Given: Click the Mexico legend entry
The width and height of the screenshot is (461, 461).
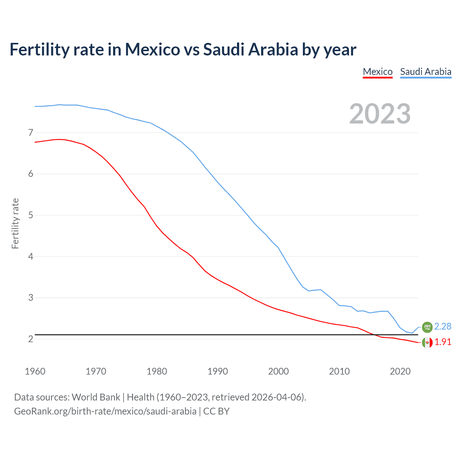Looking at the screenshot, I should click(x=377, y=72).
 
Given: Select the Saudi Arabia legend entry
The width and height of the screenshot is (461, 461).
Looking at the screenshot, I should click(x=425, y=72).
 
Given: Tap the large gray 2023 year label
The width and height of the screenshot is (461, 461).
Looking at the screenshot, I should click(x=380, y=114).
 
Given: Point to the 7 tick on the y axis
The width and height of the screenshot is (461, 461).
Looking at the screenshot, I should click(x=31, y=133).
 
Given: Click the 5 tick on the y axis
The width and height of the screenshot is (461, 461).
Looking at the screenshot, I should click(x=31, y=215).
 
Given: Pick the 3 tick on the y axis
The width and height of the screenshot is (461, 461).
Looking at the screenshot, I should click(x=31, y=297).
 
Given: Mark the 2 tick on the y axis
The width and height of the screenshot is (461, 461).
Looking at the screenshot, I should click(x=31, y=339).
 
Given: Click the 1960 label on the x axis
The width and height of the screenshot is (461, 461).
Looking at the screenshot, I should click(x=35, y=371).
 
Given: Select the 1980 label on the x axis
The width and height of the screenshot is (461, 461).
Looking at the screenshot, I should click(x=157, y=371).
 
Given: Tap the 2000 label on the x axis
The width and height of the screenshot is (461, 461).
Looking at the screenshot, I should click(x=278, y=371).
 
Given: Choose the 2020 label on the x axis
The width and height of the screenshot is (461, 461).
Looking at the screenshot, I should click(x=400, y=371).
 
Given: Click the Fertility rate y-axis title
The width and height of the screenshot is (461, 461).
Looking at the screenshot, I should click(x=15, y=223).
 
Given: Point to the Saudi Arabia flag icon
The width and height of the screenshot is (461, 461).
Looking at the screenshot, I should click(x=427, y=327).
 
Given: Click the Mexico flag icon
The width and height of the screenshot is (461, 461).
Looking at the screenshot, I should click(x=427, y=343).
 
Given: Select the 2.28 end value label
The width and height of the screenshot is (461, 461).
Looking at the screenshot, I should click(x=443, y=326).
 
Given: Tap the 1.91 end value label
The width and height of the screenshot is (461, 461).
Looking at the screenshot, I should click(x=443, y=342).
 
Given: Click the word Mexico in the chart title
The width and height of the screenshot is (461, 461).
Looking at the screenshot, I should click(x=152, y=49).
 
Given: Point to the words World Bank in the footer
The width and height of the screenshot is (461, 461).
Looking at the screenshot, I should click(x=96, y=397).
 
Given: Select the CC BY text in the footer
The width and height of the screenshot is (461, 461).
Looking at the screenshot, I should click(x=216, y=411).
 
